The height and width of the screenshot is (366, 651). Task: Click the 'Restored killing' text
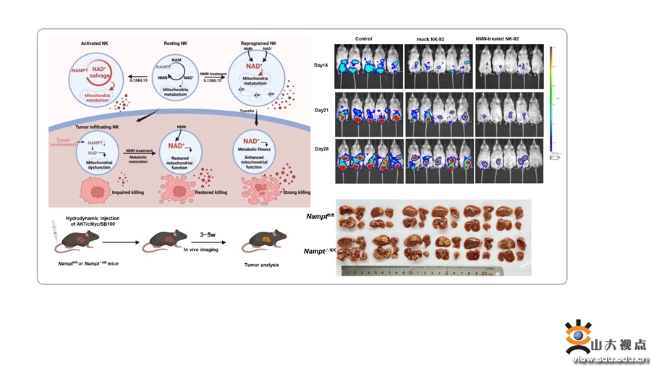210,193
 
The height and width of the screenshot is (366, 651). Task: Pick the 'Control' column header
364,38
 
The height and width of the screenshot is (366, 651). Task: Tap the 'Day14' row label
320,65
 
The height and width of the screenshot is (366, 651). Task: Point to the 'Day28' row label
320,148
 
